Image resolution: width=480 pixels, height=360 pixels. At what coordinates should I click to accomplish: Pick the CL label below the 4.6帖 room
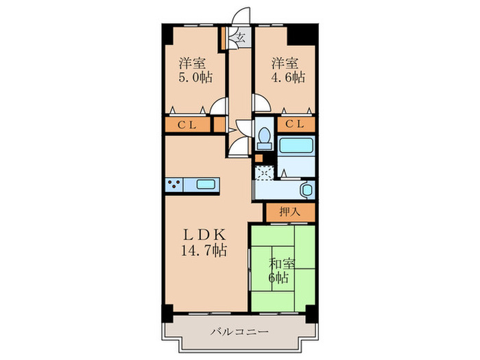(296, 124)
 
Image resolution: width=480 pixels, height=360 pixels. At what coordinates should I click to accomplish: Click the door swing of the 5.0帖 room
(219, 105)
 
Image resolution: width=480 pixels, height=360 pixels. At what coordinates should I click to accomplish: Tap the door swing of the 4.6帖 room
(261, 103)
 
